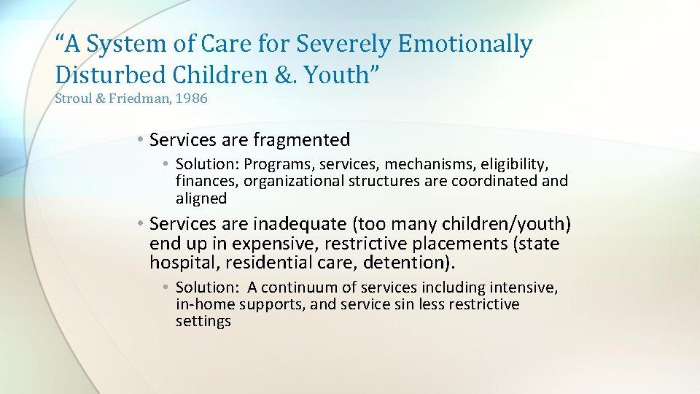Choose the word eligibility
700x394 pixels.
point(516,163)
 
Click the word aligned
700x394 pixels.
point(201,198)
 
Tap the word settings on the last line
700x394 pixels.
point(203,322)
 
